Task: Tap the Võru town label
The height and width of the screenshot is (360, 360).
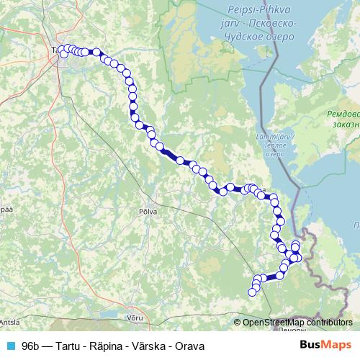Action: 135,317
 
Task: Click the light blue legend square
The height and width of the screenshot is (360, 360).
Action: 10,346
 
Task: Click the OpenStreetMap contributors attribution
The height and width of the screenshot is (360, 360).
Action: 297,322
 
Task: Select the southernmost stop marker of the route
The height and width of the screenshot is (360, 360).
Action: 252,292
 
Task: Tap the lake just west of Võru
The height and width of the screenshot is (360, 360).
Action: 108,315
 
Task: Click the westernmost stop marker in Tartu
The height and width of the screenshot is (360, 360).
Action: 62,50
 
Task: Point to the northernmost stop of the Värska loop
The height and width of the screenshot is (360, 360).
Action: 295,246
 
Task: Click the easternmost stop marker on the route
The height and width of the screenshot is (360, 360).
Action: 299,257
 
